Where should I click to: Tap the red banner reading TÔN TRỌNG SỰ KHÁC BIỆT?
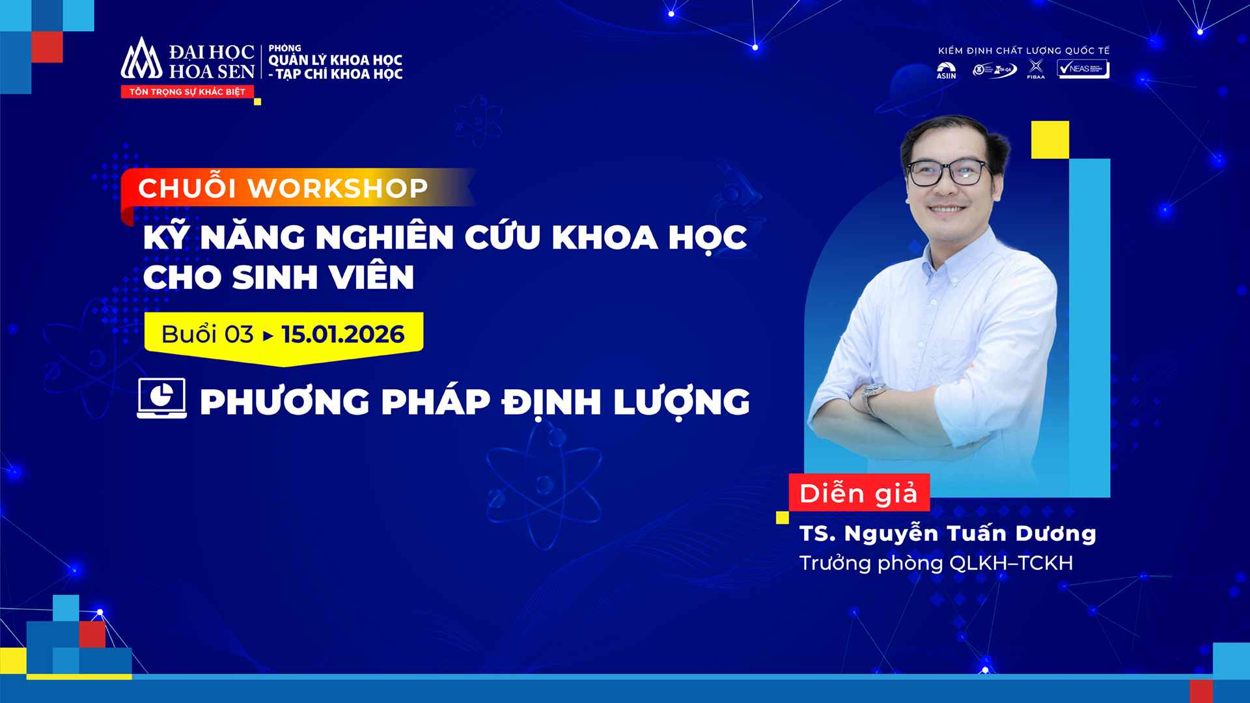click(x=187, y=92)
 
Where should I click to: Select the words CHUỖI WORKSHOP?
click(x=283, y=188)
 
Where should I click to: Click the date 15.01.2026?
click(x=343, y=335)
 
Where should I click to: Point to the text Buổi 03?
click(x=207, y=335)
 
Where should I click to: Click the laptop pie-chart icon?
click(x=161, y=398)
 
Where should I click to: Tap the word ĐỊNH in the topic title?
click(x=551, y=402)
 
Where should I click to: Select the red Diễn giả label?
click(x=859, y=493)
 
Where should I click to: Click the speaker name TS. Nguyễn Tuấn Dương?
click(x=947, y=534)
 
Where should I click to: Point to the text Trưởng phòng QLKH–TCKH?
click(x=936, y=563)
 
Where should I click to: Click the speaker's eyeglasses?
click(x=947, y=172)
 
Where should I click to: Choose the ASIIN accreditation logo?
click(x=946, y=70)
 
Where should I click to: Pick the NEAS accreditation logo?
click(x=1083, y=69)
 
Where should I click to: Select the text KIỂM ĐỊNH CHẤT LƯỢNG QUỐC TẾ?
click(x=1023, y=51)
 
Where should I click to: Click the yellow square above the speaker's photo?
click(x=1049, y=139)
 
